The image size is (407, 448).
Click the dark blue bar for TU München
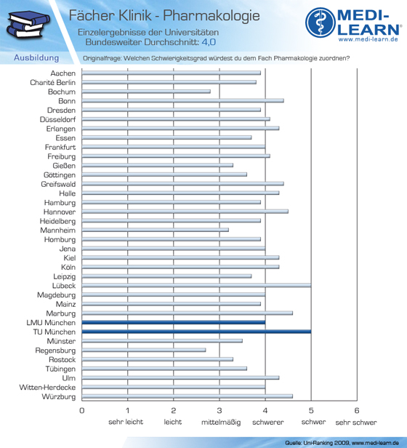196,332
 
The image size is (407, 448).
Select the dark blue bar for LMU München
174,323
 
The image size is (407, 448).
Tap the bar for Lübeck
196,285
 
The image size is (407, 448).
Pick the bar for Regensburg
144,350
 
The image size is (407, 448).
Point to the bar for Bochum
146,92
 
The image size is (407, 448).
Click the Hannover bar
185,212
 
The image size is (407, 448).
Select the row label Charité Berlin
53,83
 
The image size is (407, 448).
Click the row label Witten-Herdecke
47,388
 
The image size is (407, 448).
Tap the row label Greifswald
58,184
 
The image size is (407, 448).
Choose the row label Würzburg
59,397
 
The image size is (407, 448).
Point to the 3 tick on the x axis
219,411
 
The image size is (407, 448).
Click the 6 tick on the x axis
357,411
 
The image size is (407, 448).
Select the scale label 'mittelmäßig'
221,423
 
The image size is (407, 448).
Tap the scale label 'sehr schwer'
356,423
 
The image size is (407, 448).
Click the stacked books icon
28,25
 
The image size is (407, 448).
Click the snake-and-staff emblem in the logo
321,23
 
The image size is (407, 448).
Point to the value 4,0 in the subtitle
209,42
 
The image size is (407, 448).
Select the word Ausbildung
36,57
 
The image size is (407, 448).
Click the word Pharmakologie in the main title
211,16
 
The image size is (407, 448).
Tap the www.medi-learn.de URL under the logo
368,39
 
